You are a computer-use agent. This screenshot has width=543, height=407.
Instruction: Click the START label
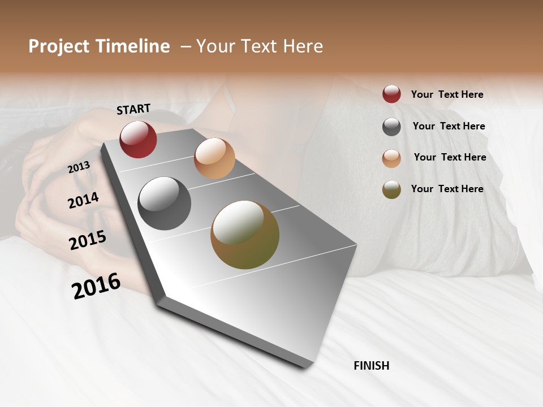coord(133,109)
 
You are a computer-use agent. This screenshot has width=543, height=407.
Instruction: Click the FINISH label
coord(371,366)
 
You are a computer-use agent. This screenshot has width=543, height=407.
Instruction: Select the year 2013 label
coord(79,167)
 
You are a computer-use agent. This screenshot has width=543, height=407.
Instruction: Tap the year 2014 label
coord(83,200)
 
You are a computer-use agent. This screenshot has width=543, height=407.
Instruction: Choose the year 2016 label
coord(96,286)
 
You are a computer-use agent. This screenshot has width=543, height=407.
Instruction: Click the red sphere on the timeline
coord(138,139)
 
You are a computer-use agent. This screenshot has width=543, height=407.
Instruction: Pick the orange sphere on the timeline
coord(214,158)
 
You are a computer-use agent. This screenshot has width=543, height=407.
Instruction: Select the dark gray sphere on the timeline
coord(165,203)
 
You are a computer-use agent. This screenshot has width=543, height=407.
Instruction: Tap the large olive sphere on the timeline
coord(245,235)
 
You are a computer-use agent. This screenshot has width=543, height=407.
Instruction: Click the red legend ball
coord(391,94)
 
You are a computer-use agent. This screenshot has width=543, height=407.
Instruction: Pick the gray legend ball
coord(391,127)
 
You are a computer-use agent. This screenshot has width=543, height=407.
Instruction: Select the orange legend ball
coord(391,158)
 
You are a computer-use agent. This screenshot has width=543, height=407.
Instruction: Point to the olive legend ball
coord(391,189)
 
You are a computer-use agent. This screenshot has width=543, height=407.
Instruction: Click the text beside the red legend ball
coord(447,94)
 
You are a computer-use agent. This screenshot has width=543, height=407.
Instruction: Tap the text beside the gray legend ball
coord(449,126)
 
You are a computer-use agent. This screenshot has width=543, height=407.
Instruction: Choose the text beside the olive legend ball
coord(447,189)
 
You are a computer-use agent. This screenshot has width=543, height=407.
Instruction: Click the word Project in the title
coord(59,46)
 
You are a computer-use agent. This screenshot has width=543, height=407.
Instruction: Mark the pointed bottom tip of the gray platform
coord(306,367)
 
